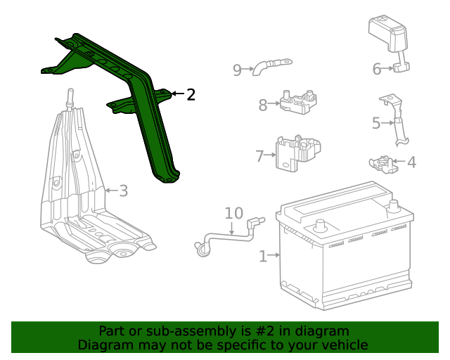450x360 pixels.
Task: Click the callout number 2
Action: pyautogui.click(x=191, y=94)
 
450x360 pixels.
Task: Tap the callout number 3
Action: pyautogui.click(x=123, y=191)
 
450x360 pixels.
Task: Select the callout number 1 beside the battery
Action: pyautogui.click(x=263, y=257)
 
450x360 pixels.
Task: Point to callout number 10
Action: pyautogui.click(x=233, y=213)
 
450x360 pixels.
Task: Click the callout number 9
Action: pyautogui.click(x=237, y=69)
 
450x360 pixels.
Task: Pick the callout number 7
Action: pyautogui.click(x=259, y=156)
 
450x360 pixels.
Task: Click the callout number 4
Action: pyautogui.click(x=411, y=162)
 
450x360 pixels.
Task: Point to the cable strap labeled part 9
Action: pyautogui.click(x=271, y=65)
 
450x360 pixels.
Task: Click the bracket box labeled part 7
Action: pyautogui.click(x=298, y=152)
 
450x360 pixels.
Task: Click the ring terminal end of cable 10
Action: pyautogui.click(x=200, y=246)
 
